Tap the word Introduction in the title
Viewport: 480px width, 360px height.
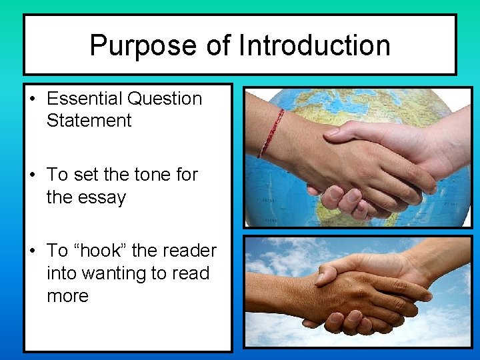click(x=315, y=46)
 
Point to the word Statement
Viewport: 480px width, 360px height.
click(x=89, y=121)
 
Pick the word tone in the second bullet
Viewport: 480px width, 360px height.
click(x=153, y=175)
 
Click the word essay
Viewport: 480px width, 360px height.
click(x=103, y=197)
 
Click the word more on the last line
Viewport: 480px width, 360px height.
click(x=67, y=295)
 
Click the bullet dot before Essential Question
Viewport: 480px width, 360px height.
click(x=32, y=99)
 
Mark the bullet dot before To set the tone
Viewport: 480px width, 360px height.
click(x=32, y=175)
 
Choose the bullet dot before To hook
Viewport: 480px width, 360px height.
click(x=32, y=251)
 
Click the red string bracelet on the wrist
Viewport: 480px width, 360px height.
click(x=271, y=133)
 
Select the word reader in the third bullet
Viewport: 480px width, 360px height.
click(x=188, y=251)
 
